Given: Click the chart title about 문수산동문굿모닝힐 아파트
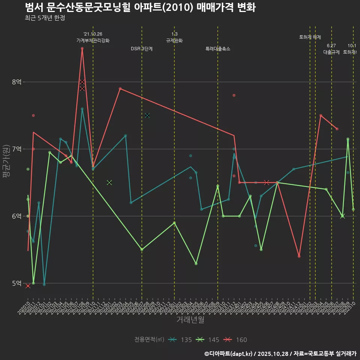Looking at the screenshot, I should coord(140,7).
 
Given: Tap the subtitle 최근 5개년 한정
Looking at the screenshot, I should coord(45,18).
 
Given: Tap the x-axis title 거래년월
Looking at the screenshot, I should coord(190,320).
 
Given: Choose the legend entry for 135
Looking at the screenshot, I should coord(180,340).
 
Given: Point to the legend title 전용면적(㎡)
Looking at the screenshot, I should coord(149,340).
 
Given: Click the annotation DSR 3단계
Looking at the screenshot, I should coord(142,49).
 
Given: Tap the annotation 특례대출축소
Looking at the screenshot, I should coord(218,49).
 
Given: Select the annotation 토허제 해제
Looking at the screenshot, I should coord(310,37).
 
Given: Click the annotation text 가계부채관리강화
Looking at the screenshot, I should coord(93,40).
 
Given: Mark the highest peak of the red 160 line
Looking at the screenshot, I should coord(82,48).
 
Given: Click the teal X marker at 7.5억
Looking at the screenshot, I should coord(147,115).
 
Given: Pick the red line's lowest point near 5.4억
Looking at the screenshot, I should coord(299,256).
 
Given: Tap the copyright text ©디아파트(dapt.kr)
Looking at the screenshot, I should coord(229,353).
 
